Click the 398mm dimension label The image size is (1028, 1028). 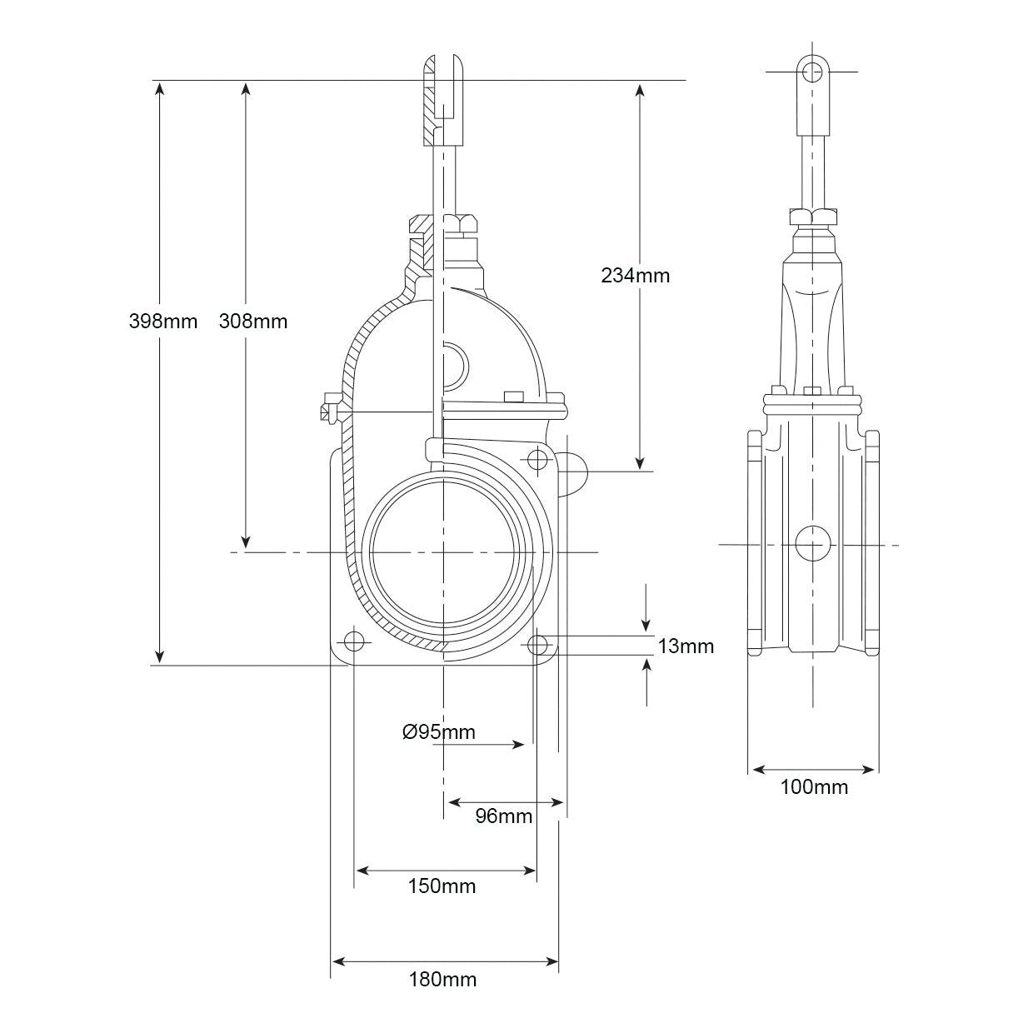coord(163,321)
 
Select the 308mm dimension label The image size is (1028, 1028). coord(252,321)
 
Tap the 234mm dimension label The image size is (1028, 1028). coord(635,275)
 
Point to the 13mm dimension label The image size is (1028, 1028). coord(686,646)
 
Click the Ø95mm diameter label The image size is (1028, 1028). coord(438,731)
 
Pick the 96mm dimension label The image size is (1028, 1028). coord(503,816)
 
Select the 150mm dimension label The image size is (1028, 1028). coord(442,886)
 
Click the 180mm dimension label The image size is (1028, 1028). coord(442,979)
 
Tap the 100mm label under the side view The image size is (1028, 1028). coord(814,786)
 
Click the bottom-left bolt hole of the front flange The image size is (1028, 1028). coord(354,641)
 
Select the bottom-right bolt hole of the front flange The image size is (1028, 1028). coord(538,643)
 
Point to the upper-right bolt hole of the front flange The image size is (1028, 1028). coord(537,457)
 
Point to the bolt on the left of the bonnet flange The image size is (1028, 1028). coord(327,411)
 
